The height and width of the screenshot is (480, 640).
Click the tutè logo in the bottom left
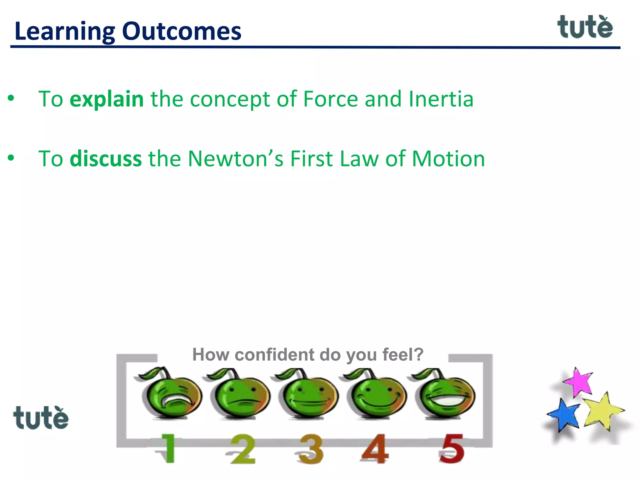(x=41, y=418)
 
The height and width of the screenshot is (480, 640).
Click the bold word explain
(x=106, y=99)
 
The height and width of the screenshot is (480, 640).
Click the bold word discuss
(x=106, y=159)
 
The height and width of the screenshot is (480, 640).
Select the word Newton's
(x=236, y=159)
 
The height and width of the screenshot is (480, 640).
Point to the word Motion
(x=448, y=159)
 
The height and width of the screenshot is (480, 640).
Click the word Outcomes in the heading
(x=182, y=31)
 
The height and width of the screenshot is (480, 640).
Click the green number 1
(x=167, y=448)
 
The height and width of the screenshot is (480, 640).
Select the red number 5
(x=452, y=448)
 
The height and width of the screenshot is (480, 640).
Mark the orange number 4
(x=375, y=448)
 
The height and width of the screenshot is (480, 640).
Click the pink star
(x=579, y=382)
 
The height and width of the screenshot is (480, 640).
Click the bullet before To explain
(x=11, y=98)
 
